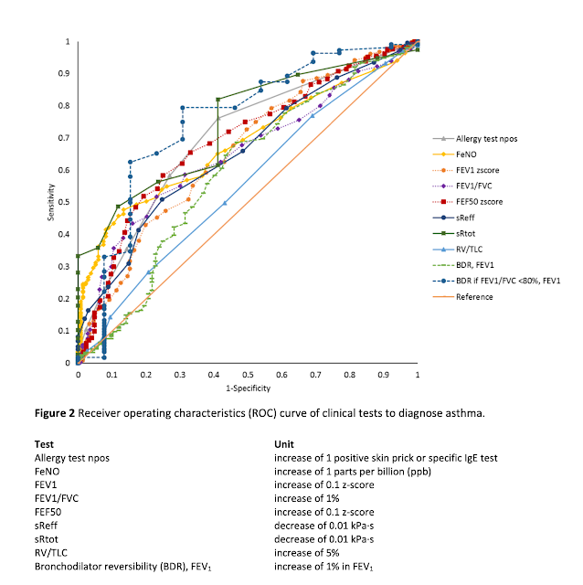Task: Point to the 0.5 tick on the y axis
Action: [x=67, y=202]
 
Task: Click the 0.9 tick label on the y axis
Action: [x=67, y=74]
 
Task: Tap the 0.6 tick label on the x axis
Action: [x=281, y=375]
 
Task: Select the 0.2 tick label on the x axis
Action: [x=145, y=375]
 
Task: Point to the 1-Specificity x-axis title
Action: [x=248, y=388]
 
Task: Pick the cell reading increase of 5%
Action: [x=308, y=552]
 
